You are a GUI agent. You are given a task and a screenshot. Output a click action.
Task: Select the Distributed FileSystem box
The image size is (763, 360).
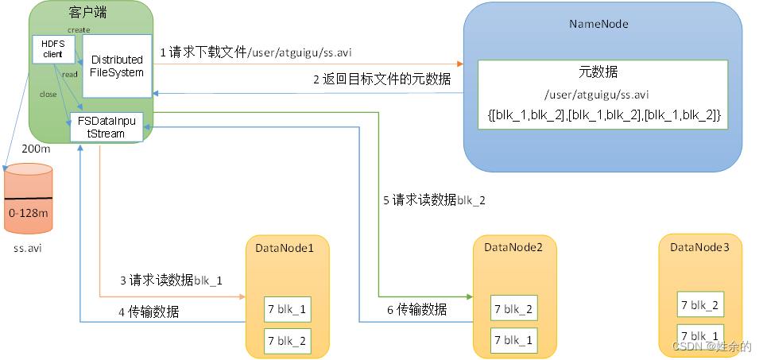117,66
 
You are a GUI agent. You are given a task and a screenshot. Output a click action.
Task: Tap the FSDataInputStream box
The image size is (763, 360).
107,127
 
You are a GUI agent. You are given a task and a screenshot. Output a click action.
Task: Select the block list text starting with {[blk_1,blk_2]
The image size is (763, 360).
603,116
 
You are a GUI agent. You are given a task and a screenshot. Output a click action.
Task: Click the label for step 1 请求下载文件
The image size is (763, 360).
256,53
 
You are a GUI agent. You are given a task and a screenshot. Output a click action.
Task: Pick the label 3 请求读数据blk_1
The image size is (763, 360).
172,280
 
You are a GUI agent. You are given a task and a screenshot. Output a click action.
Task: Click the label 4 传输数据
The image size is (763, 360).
149,312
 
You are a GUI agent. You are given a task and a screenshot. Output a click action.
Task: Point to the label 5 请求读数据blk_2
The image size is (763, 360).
434,200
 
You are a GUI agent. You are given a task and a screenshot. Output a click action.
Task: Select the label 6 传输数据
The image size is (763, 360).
416,309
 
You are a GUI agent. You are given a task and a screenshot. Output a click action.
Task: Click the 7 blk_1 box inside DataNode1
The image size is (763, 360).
286,308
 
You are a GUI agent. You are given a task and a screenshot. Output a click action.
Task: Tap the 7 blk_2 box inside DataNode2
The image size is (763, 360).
514,309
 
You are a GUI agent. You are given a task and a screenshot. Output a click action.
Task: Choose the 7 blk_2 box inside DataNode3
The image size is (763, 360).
699,304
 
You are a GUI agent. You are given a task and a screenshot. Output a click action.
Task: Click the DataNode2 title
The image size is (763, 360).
513,248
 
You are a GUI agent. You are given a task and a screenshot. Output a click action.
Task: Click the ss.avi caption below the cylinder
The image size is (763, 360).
28,249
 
